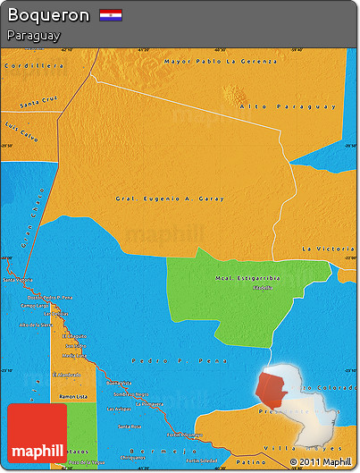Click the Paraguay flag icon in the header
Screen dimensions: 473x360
[111, 15]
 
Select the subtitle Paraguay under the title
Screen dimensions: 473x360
[32, 36]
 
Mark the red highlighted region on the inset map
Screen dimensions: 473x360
[272, 390]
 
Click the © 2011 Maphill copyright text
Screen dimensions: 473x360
[320, 462]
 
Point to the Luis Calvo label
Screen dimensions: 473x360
[21, 131]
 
